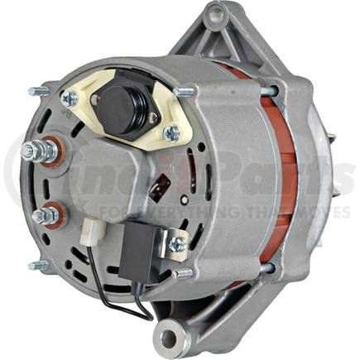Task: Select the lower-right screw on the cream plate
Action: coord(170,132)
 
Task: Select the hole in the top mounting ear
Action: coord(216,15)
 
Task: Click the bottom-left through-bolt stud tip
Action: coord(36,265)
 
